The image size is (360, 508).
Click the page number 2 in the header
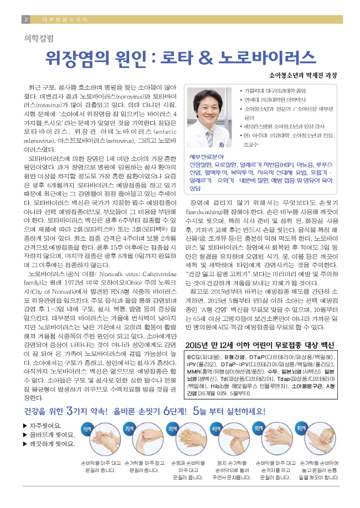(26, 19)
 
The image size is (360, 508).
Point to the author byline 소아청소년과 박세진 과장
(302, 75)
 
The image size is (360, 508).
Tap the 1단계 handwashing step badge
(88, 428)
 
